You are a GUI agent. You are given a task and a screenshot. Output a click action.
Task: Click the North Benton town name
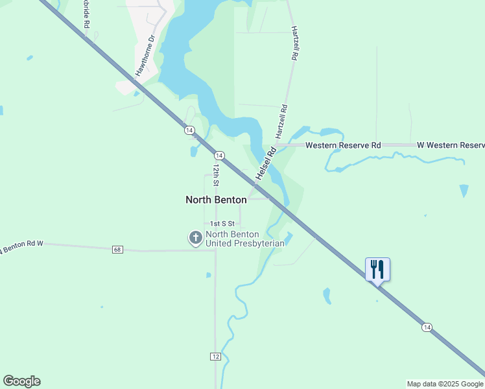pyautogui.click(x=216, y=200)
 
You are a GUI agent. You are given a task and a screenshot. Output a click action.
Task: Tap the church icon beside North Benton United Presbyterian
pyautogui.click(x=195, y=238)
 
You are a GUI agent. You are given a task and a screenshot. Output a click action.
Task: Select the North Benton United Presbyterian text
pyautogui.click(x=245, y=239)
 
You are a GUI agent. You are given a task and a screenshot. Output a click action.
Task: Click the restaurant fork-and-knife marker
pyautogui.click(x=377, y=269)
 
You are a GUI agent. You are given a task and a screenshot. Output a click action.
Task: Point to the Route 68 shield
pyautogui.click(x=117, y=250)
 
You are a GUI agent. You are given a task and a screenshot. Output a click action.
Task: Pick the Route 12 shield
pyautogui.click(x=216, y=357)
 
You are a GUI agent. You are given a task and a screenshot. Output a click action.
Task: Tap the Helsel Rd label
pyautogui.click(x=266, y=163)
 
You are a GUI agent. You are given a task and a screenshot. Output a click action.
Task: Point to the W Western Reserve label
pyautogui.click(x=451, y=145)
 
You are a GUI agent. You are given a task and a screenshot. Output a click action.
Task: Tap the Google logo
pyautogui.click(x=21, y=381)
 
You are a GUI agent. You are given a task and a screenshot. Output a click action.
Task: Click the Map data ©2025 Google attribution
pyautogui.click(x=445, y=384)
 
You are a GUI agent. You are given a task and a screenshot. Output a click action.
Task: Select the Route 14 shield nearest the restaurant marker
pyautogui.click(x=427, y=327)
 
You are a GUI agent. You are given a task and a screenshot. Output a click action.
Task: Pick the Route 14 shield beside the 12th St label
pyautogui.click(x=220, y=156)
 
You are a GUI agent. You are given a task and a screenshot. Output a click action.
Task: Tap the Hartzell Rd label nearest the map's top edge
pyautogui.click(x=294, y=43)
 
